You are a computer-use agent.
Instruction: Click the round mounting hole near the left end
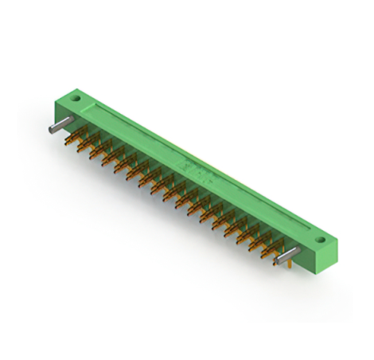coord(77,100)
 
